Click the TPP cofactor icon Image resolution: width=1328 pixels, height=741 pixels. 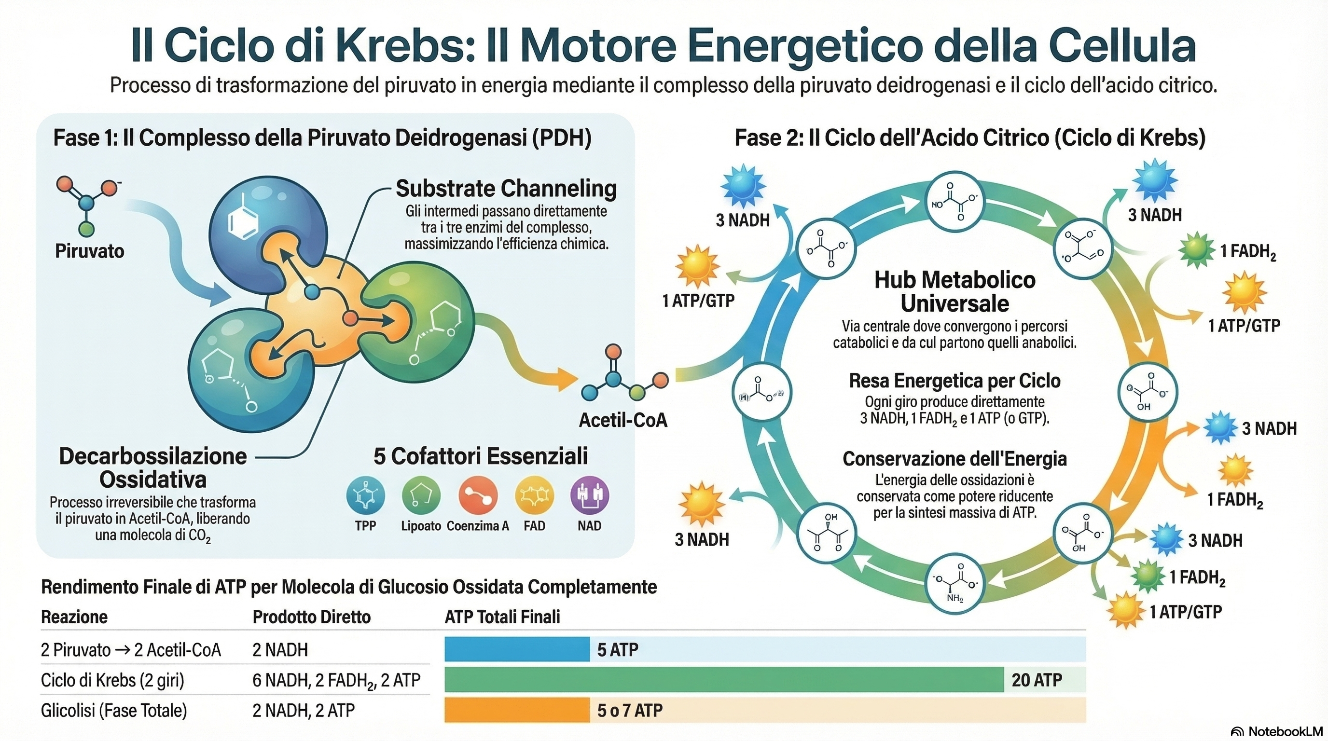365,495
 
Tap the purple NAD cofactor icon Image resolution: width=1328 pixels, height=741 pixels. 589,495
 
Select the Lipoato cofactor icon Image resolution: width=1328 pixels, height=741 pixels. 421,495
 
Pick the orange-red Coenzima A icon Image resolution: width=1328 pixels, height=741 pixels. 478,495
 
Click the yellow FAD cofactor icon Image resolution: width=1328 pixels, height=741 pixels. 534,495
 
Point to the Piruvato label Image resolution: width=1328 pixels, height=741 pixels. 90,251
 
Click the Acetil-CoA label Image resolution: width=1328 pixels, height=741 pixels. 623,420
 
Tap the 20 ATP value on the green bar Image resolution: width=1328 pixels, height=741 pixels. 1036,680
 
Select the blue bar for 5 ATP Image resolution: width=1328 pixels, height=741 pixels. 516,649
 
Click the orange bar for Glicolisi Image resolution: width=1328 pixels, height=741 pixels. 516,710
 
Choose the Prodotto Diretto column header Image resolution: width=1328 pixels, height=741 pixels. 311,617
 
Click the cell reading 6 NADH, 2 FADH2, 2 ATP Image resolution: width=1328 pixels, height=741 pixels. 336,680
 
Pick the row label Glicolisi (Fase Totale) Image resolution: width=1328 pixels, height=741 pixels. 114,711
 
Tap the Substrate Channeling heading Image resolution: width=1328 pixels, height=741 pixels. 506,189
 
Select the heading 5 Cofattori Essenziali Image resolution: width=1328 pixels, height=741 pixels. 481,456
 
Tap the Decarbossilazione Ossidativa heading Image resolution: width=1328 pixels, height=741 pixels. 153,467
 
